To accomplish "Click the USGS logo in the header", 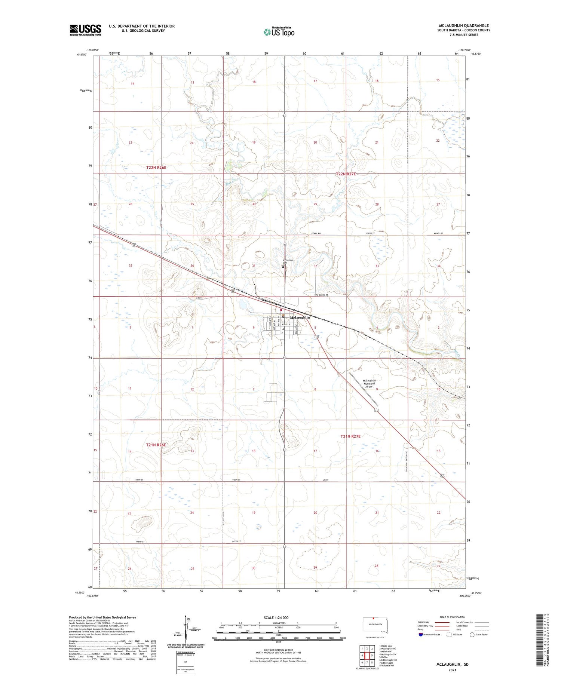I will click(x=85, y=30).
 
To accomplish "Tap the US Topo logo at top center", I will click(x=279, y=32).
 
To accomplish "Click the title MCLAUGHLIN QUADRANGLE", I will click(x=464, y=25).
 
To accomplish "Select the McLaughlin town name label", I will click(x=300, y=317).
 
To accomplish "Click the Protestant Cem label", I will click(x=288, y=261).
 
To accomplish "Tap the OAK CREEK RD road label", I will click(x=321, y=295).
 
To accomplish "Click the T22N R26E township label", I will click(x=156, y=168).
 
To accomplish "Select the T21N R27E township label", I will click(x=350, y=436).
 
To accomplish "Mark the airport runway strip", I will click(x=363, y=389).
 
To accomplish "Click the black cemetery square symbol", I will click(x=283, y=267).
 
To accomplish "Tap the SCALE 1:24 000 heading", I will click(x=276, y=617).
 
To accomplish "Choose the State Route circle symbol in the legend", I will click(x=472, y=634).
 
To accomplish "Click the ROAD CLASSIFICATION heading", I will click(x=453, y=617).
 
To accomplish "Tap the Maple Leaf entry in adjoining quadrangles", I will click(x=386, y=645).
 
